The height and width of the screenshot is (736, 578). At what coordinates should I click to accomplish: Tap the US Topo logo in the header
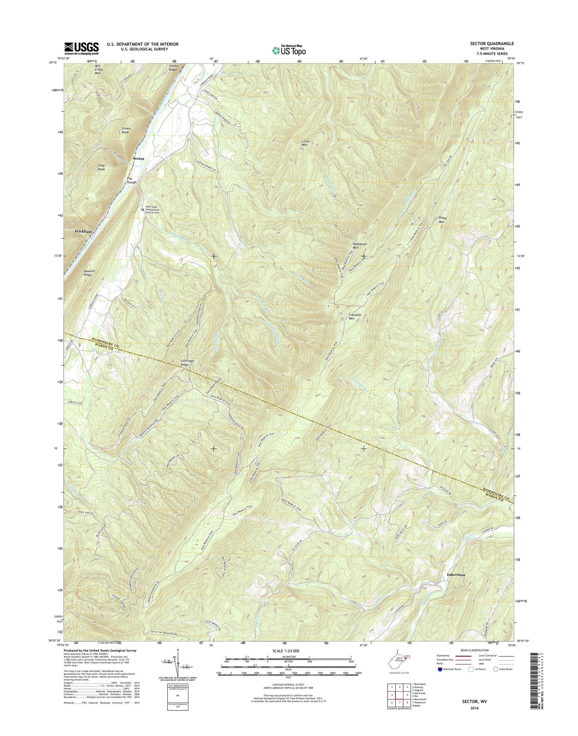[x=289, y=50]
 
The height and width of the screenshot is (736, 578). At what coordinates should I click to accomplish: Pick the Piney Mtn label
[x=442, y=220]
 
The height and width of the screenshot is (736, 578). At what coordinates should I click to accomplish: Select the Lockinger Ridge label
[x=188, y=363]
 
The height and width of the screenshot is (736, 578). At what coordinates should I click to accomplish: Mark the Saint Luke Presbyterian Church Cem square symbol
[x=142, y=209]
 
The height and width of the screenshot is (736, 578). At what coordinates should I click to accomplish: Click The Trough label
[x=132, y=180]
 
